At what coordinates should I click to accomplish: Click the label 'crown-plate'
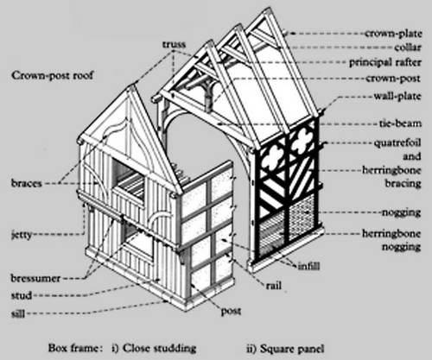point(393,34)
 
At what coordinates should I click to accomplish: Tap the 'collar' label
point(408,47)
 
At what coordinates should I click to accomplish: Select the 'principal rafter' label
point(385,62)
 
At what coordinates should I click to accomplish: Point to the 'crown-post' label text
point(393,79)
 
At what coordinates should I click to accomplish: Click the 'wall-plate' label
point(397,96)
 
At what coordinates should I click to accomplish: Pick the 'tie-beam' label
point(400,123)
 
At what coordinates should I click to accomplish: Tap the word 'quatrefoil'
point(397,142)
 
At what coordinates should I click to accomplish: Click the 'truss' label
point(174,44)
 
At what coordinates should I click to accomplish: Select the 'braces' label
point(27,183)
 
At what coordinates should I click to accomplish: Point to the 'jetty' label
point(22,235)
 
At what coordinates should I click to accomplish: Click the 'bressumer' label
point(35,278)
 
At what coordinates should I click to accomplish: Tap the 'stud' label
point(22,295)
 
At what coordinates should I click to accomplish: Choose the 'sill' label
point(18,313)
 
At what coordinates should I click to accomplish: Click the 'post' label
point(231,311)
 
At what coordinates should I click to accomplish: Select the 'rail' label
point(274,286)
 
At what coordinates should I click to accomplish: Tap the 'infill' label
point(308,266)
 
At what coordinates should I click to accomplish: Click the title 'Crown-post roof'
point(53,76)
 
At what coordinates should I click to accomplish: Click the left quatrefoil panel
point(272,158)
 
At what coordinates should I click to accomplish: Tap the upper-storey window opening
point(129,179)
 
